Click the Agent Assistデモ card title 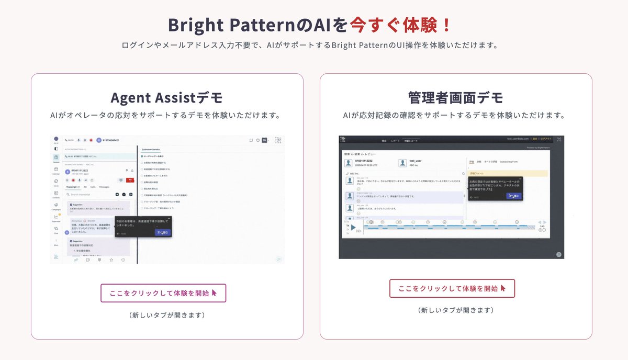click(166, 97)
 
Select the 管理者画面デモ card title click(455, 97)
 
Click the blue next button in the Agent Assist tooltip click(162, 232)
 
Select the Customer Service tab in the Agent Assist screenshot click(151, 150)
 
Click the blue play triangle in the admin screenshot click(353, 228)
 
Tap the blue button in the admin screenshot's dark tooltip click(513, 196)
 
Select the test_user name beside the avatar click(416, 161)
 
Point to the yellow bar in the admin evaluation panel click(507, 173)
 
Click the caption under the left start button click(166, 315)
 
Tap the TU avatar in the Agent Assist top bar click(264, 140)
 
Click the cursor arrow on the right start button click(503, 288)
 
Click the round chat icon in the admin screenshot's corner click(559, 254)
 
